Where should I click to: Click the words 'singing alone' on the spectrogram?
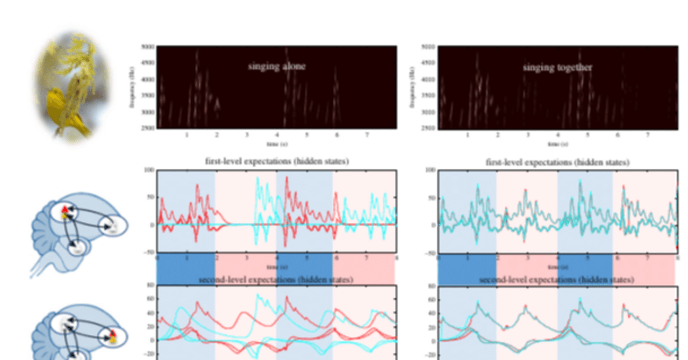point(277,67)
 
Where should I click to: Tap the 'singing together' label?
point(557,68)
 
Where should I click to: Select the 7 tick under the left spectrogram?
point(367,135)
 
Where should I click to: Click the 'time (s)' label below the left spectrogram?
point(276,144)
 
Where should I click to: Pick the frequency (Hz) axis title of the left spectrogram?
point(131,88)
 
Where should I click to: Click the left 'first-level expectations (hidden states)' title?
point(276,161)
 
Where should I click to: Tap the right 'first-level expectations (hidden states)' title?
point(557,162)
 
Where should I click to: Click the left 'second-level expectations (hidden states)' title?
point(276,280)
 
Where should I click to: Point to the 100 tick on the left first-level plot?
point(149,170)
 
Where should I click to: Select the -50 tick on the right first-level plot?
point(429,252)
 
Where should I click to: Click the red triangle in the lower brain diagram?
point(113,337)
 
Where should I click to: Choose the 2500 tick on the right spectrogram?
point(428,128)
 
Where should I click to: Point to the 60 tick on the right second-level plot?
point(431,299)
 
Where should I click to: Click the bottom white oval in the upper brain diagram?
point(78,247)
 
